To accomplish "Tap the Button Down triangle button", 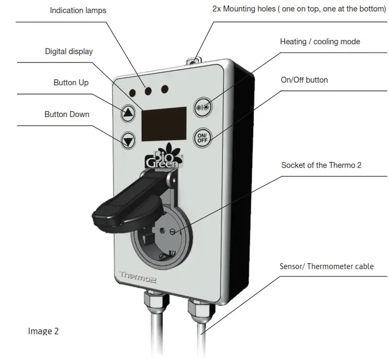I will click(128, 141).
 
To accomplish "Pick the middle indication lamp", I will click(148, 90).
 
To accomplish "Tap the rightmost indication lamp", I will click(165, 88).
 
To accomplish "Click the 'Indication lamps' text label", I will click(78, 10).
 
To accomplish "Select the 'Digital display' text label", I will click(69, 51).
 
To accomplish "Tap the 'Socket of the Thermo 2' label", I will click(321, 165).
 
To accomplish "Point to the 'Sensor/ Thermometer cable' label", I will click(326, 266).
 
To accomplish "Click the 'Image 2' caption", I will click(43, 331).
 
